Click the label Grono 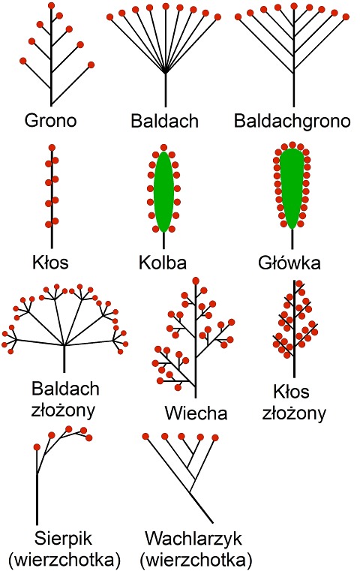click(50, 121)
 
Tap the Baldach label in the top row click(164, 121)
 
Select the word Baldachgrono click(292, 121)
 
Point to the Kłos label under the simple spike click(50, 262)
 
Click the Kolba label click(163, 263)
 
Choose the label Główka click(289, 263)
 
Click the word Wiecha click(196, 413)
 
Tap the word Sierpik click(63, 539)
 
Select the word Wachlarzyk click(193, 539)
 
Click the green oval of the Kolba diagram click(163, 192)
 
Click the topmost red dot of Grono click(51, 6)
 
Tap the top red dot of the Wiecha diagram click(196, 281)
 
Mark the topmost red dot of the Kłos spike click(52, 149)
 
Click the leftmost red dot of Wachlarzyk click(145, 436)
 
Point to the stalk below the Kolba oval click(163, 240)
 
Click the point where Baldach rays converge click(166, 73)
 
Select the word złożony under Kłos click(294, 413)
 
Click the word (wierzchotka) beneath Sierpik click(64, 559)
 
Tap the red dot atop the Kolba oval click(163, 148)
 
